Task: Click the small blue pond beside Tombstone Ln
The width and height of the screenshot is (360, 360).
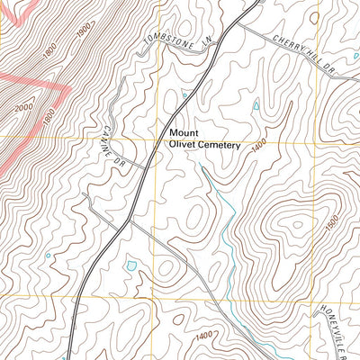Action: [185, 94]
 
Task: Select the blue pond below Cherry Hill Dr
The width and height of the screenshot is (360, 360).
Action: [256, 105]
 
